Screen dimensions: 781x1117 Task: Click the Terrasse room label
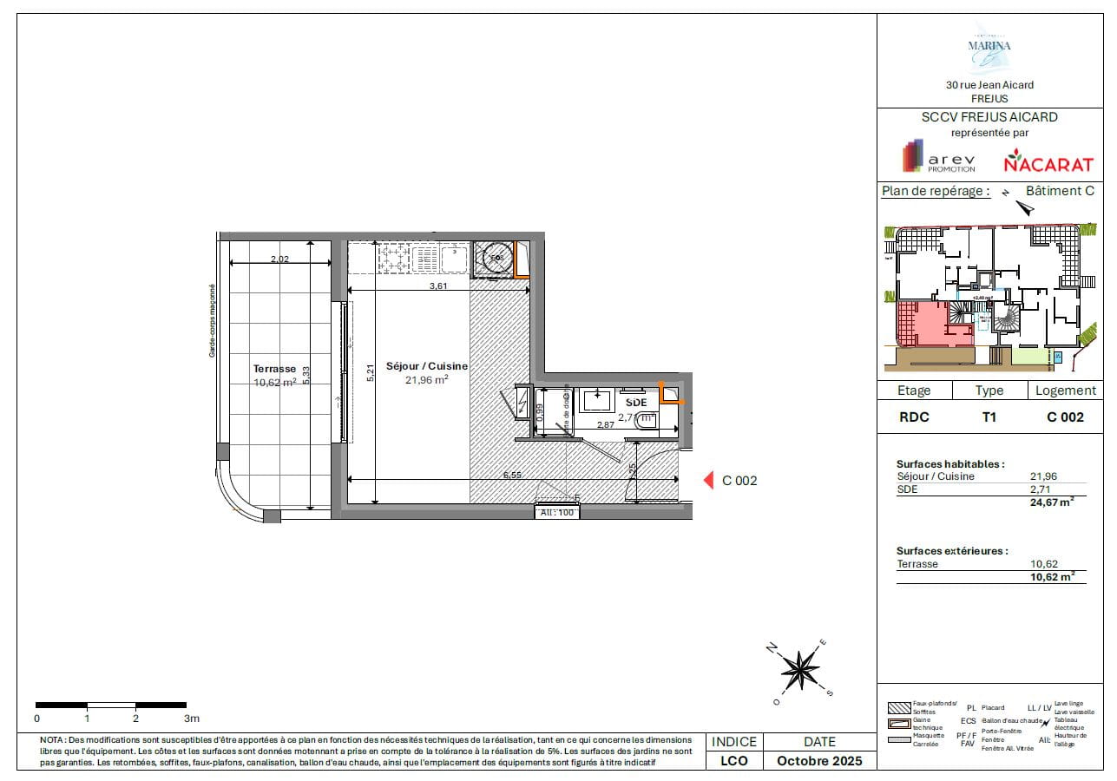274,368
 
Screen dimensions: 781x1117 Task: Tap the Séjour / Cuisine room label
427,366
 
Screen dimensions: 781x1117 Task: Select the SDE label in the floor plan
636,403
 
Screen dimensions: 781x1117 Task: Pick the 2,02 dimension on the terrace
279,259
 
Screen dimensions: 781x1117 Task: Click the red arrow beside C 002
706,480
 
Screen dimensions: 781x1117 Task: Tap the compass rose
799,668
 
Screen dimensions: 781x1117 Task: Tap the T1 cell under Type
989,417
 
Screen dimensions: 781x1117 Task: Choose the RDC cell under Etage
913,417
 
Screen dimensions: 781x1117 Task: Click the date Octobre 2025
819,760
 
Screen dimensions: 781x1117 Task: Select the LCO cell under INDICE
734,760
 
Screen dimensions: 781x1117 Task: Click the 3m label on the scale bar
191,719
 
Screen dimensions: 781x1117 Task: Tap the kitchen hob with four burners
392,257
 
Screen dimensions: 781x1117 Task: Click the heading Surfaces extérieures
952,550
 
